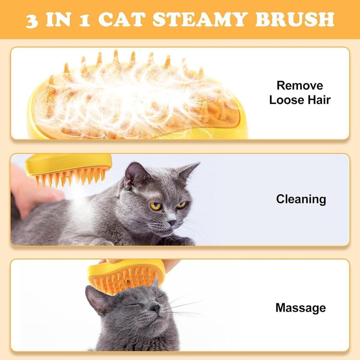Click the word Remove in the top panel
click(x=300, y=85)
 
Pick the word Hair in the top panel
click(x=317, y=100)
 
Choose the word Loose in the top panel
click(x=285, y=100)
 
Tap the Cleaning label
click(x=301, y=199)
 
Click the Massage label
click(x=300, y=308)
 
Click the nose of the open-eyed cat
click(x=172, y=222)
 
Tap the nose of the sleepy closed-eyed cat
click(x=154, y=308)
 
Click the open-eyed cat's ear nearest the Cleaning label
click(x=188, y=171)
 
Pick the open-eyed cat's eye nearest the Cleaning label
click(x=181, y=205)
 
